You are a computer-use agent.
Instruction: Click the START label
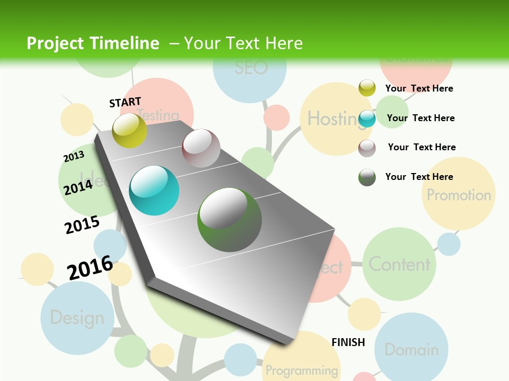125,102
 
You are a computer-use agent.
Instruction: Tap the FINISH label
348,342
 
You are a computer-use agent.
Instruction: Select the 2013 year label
74,157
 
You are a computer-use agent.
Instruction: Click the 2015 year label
82,225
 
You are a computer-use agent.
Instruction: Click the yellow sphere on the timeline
130,130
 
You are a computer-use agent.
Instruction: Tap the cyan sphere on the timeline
154,190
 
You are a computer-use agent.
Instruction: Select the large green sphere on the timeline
230,219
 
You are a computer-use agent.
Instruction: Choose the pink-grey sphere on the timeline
201,148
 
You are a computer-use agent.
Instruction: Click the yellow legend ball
367,88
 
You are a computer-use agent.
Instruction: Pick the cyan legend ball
367,119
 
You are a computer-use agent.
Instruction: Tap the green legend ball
367,177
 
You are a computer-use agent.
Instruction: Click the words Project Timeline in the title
93,43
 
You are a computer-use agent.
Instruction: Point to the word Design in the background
77,318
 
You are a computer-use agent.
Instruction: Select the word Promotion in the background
459,195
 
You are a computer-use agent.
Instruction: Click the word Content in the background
399,264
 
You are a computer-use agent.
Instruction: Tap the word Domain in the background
411,349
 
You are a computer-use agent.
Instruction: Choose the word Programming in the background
302,370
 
